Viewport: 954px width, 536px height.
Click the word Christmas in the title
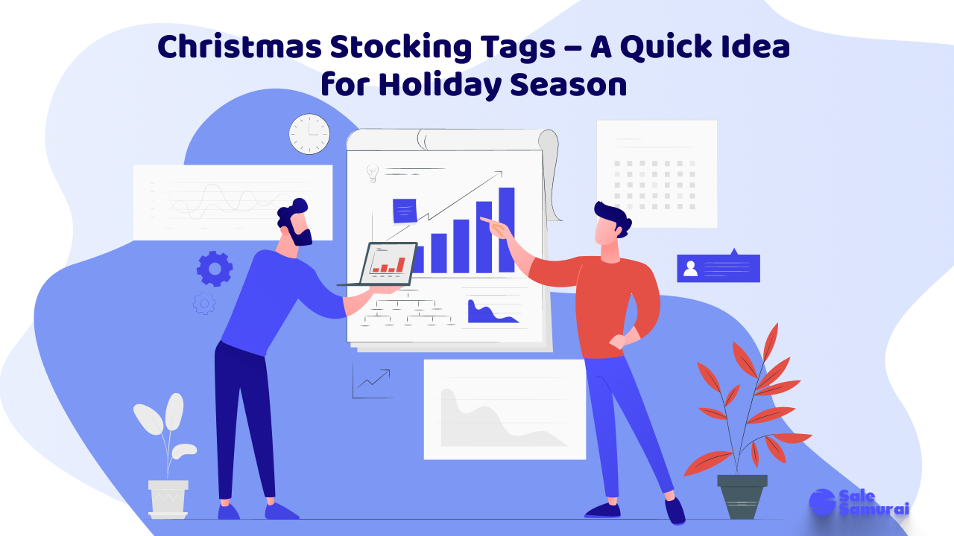tap(240, 46)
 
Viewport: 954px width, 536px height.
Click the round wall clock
tap(309, 134)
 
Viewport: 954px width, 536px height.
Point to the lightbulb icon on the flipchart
tap(373, 173)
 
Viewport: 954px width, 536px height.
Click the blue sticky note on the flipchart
tap(405, 211)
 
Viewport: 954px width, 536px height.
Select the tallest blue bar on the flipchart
tap(506, 230)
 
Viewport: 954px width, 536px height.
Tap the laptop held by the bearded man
tap(385, 264)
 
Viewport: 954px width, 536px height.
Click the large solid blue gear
tap(215, 269)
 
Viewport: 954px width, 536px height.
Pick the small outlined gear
tap(204, 303)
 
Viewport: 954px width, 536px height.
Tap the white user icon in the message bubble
tap(690, 269)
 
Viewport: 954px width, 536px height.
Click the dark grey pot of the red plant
tap(742, 497)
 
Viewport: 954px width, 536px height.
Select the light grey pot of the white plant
tap(168, 499)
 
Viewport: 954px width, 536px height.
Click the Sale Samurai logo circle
tap(822, 502)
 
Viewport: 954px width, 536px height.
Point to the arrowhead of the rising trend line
tap(499, 173)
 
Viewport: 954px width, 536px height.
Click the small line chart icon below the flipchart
tap(371, 380)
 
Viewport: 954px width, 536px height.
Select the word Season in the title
tap(569, 85)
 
